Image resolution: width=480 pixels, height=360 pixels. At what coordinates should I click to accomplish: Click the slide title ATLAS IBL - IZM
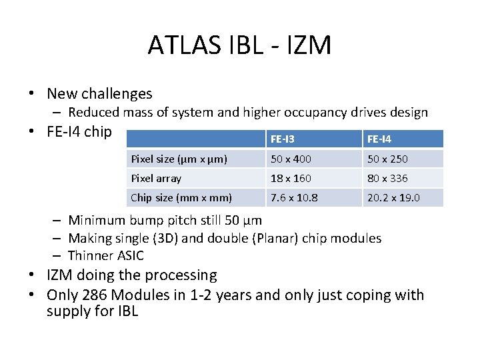[x=239, y=45]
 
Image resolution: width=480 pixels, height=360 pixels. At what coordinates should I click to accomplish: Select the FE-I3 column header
[x=283, y=139]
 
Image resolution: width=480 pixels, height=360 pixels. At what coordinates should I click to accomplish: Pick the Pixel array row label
[x=156, y=179]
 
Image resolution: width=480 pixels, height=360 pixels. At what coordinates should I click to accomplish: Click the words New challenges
[x=99, y=94]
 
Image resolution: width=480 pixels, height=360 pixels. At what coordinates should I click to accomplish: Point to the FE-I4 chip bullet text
[x=79, y=131]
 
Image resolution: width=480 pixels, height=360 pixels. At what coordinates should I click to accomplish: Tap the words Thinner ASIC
[x=105, y=255]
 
